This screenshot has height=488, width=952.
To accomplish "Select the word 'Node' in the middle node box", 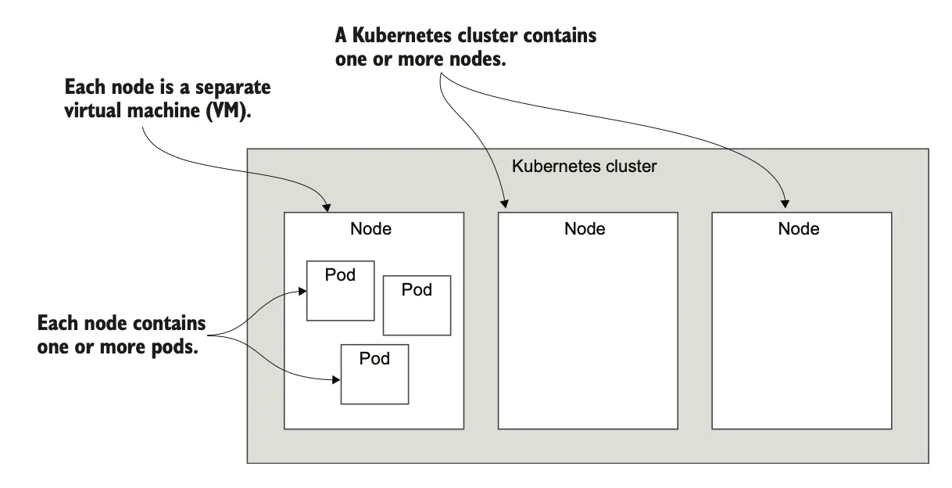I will (585, 229).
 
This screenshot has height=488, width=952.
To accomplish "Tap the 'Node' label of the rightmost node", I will (799, 229).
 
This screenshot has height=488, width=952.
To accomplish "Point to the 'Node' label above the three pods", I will (370, 229).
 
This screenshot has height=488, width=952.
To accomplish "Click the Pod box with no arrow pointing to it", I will (417, 305).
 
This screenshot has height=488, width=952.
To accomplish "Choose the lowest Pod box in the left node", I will (374, 374).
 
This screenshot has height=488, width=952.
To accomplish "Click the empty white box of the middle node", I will (588, 328).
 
